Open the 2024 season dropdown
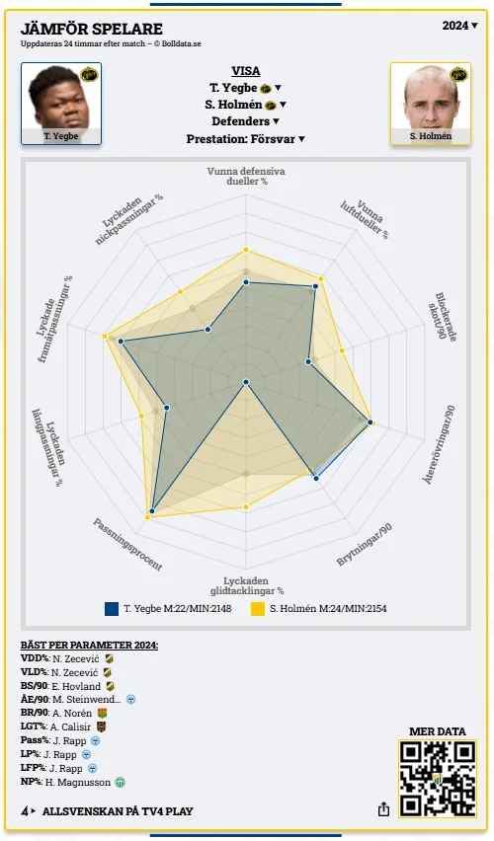click(459, 26)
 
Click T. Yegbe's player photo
click(61, 104)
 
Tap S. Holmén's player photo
click(431, 104)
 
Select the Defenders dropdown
click(245, 121)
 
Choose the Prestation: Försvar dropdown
click(245, 139)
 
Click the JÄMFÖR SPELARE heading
click(91, 29)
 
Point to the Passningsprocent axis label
click(127, 545)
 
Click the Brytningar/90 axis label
click(364, 545)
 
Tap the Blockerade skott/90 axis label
click(443, 316)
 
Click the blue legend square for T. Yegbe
click(112, 609)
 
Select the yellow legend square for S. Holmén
click(258, 609)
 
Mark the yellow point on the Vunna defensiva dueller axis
click(246, 250)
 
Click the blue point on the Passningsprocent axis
click(152, 511)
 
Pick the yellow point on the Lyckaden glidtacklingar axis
click(246, 506)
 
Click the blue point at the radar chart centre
click(246, 382)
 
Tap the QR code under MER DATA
click(438, 778)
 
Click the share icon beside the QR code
click(383, 808)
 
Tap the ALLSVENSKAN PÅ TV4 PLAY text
click(118, 811)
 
